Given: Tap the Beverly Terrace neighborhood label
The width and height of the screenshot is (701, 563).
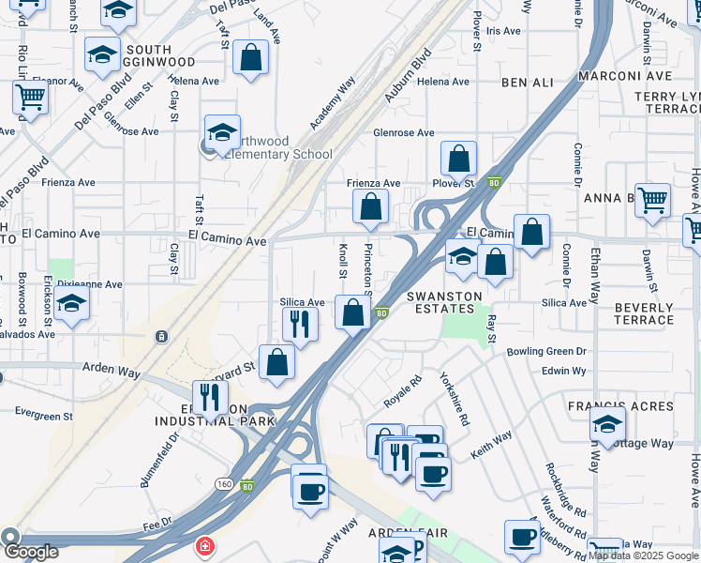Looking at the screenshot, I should coord(644,313).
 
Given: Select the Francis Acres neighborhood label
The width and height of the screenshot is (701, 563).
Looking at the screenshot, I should coord(620,406).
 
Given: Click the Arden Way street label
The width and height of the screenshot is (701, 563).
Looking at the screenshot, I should coord(112,373).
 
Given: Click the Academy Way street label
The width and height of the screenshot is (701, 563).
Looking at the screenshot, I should coord(333,102).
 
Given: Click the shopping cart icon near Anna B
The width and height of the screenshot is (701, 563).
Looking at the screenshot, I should coord(652,200).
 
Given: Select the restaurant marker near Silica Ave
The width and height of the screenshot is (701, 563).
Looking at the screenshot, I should coord(300,325).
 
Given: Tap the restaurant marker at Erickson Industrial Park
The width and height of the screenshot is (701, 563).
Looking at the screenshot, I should coord(210,397).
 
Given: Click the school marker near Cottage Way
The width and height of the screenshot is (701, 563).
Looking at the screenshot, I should coord(607,424).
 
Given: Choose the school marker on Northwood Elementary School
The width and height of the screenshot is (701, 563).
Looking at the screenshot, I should coord(223,133).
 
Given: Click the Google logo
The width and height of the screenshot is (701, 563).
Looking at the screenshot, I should coord(30,552).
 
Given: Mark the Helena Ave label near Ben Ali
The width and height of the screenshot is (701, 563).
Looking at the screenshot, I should coord(442,82).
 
